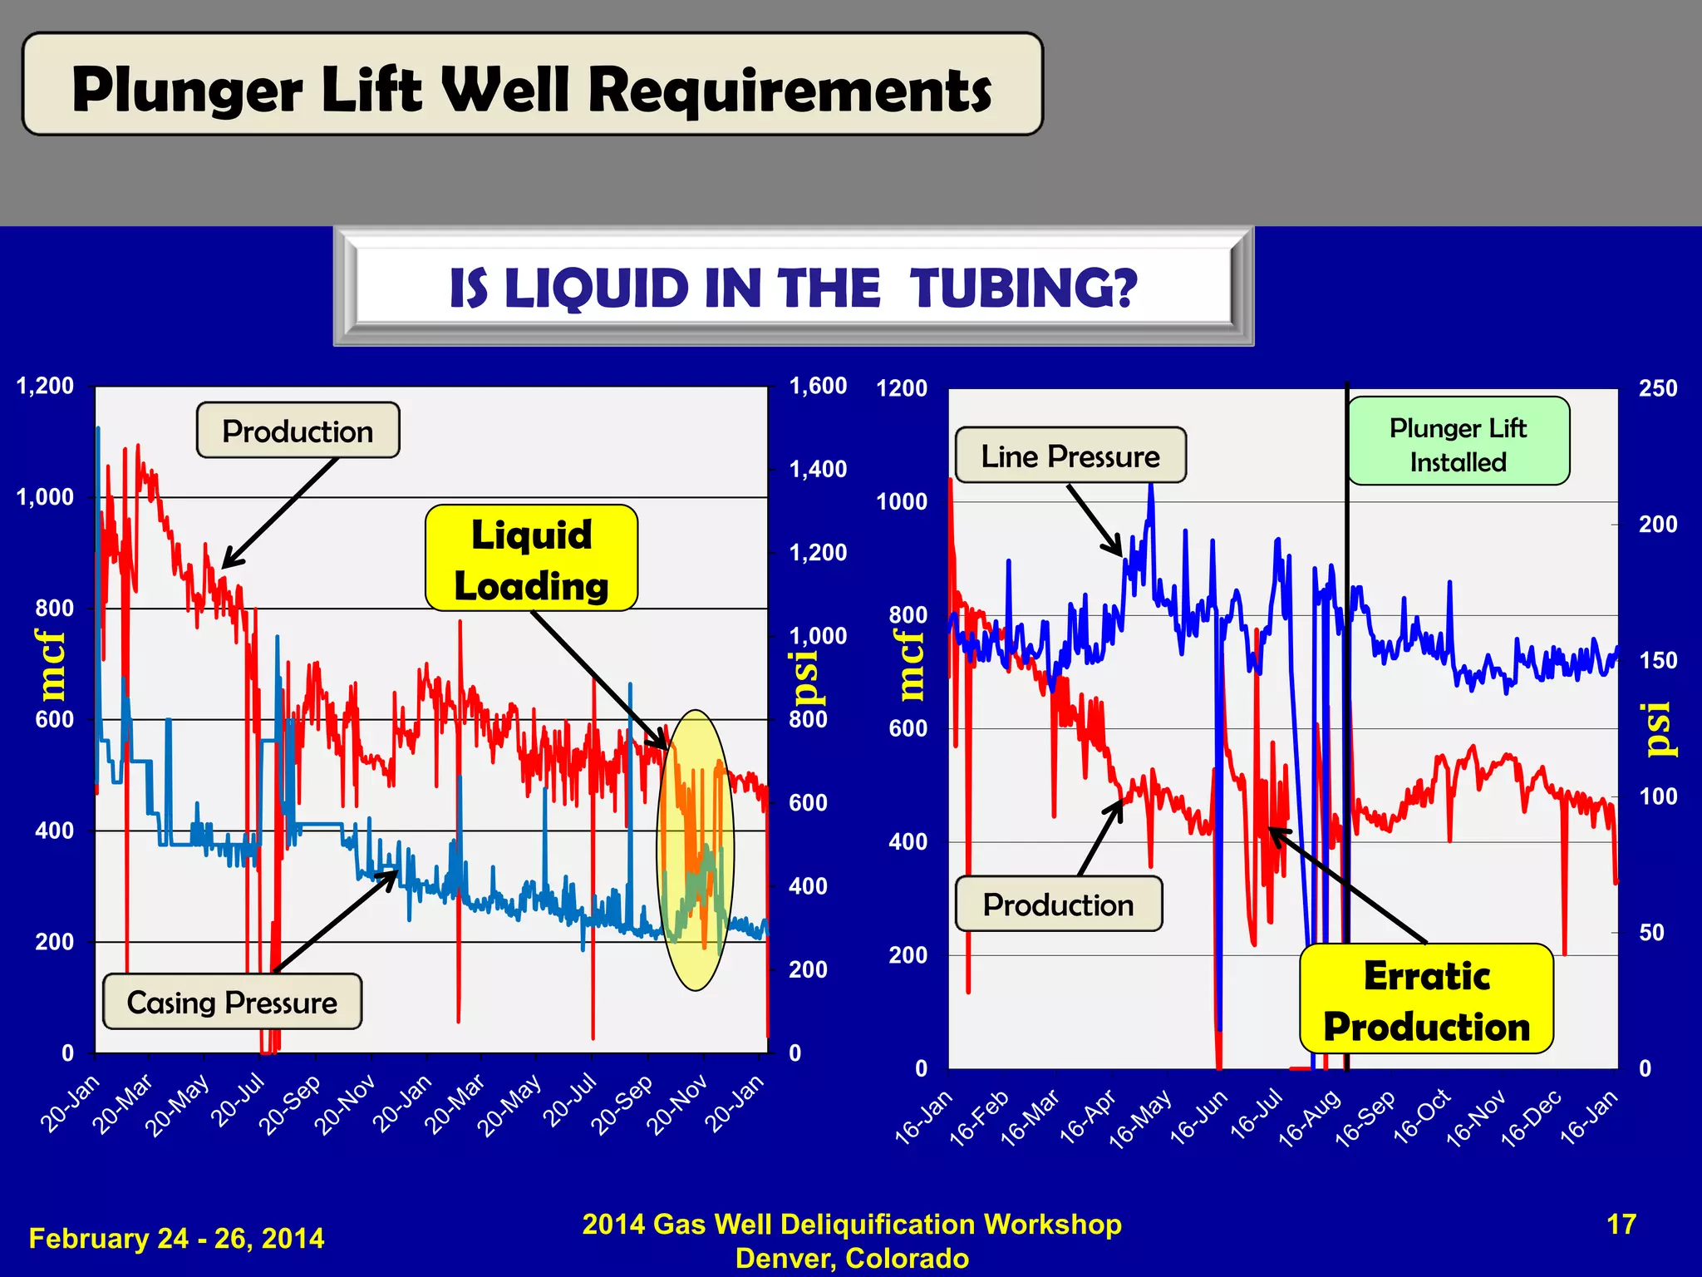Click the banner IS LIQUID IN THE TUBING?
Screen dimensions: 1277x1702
point(793,288)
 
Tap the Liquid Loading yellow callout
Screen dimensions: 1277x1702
point(531,559)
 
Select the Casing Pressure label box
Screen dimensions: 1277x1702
point(232,1002)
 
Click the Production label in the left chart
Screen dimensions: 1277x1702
point(298,431)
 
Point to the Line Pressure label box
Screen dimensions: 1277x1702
point(1070,456)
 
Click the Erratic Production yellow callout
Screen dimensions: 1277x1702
point(1426,999)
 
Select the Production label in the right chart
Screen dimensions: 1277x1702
point(1058,904)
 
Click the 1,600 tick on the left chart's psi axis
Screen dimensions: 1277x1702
point(818,386)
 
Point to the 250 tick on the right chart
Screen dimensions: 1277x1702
point(1657,388)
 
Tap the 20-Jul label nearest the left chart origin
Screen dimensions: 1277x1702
point(239,1101)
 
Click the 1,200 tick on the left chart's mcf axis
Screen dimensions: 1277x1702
point(46,386)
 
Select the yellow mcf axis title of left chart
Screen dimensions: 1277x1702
point(52,665)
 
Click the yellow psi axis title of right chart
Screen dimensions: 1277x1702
point(1659,729)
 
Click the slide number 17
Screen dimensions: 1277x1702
point(1621,1225)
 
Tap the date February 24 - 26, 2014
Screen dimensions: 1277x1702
point(176,1238)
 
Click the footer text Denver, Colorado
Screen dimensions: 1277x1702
point(852,1258)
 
